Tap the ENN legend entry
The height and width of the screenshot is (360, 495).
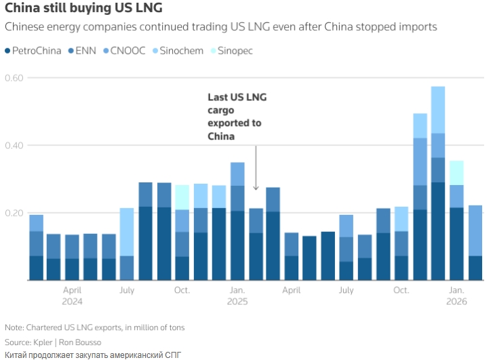coord(84,51)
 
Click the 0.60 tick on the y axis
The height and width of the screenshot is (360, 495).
coord(15,78)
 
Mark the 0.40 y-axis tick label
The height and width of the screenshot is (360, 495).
coord(15,145)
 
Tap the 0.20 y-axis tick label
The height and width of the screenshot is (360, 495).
coord(15,213)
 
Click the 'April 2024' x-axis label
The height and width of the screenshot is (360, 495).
coord(72,296)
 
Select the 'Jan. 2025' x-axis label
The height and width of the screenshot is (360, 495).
coord(237,296)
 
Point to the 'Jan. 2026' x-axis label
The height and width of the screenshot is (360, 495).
coord(457,296)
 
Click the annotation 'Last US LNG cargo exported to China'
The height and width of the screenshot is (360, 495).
coord(237,117)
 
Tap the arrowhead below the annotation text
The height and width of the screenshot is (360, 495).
coord(256,188)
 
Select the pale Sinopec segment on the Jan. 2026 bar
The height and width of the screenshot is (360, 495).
coord(456,173)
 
